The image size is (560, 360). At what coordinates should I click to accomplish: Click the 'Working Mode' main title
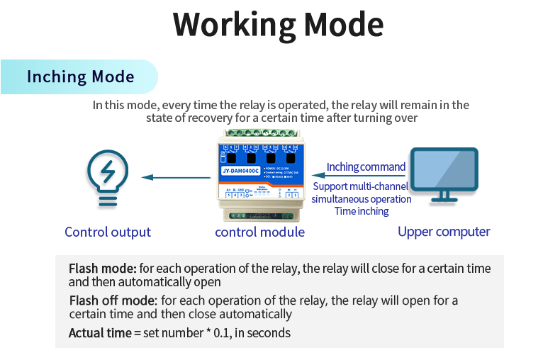pyautogui.click(x=279, y=24)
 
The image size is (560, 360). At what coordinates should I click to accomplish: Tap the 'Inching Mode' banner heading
pyautogui.click(x=80, y=77)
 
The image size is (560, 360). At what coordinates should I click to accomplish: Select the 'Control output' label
pyautogui.click(x=108, y=232)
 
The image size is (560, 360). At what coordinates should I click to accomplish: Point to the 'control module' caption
pyautogui.click(x=259, y=232)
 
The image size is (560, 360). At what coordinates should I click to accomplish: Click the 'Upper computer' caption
pyautogui.click(x=444, y=232)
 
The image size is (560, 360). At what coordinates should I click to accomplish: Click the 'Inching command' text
pyautogui.click(x=366, y=167)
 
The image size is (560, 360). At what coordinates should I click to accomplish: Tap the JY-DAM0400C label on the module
pyautogui.click(x=239, y=171)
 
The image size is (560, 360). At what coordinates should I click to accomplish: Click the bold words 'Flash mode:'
pyautogui.click(x=102, y=269)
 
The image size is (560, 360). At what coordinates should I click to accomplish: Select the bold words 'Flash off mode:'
pyautogui.click(x=114, y=300)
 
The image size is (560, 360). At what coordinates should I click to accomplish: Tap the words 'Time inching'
pyautogui.click(x=362, y=211)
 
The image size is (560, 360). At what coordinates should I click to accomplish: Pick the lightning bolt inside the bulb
pyautogui.click(x=108, y=171)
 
